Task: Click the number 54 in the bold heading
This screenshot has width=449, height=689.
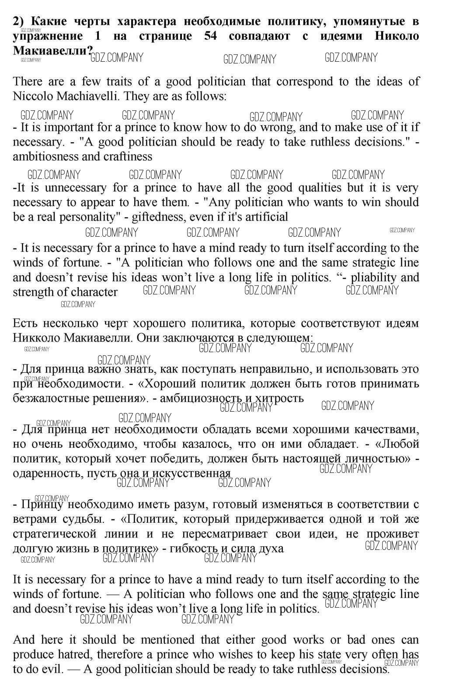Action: [210, 36]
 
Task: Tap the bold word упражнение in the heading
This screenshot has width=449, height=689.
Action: [48, 36]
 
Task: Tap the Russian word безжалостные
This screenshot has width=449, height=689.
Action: [47, 398]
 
